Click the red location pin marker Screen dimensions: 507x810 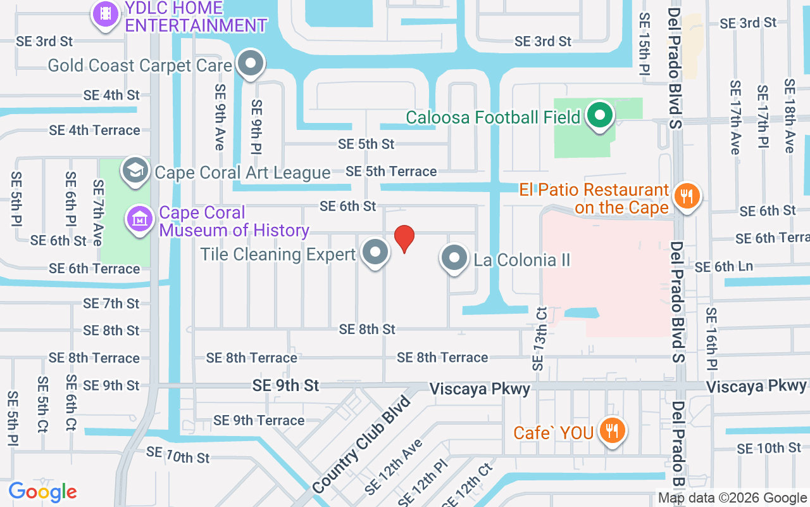coord(404,238)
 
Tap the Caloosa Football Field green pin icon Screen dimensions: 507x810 coord(599,116)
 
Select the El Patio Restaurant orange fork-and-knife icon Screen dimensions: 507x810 coord(687,195)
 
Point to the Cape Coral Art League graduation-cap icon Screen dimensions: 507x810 coord(135,170)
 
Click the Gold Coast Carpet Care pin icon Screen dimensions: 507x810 coord(251,63)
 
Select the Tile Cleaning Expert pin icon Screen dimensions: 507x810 coord(375,252)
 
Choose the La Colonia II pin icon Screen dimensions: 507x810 coord(454,258)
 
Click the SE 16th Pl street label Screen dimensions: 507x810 coord(712,338)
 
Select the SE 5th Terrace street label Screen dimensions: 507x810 coord(391,171)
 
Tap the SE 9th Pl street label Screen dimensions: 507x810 coord(256,127)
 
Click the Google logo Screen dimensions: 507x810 coord(42,492)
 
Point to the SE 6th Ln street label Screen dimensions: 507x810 coord(724,267)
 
